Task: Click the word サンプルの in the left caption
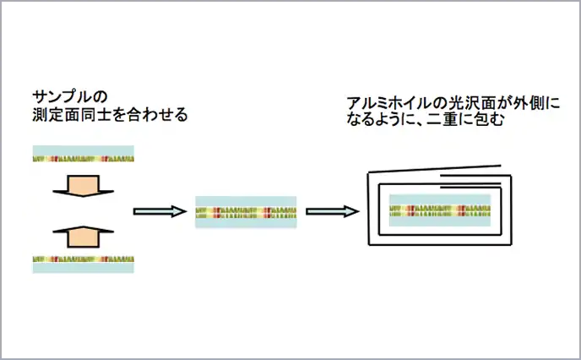[x=70, y=94]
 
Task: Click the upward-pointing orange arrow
[x=83, y=236]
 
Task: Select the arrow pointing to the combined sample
[x=159, y=211]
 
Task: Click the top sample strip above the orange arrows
[x=83, y=155]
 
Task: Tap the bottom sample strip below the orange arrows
[x=83, y=263]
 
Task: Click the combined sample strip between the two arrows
[x=246, y=211]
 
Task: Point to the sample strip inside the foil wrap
[x=439, y=209]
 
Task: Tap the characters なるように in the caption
[x=381, y=120]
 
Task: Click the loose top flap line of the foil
[x=439, y=167]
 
